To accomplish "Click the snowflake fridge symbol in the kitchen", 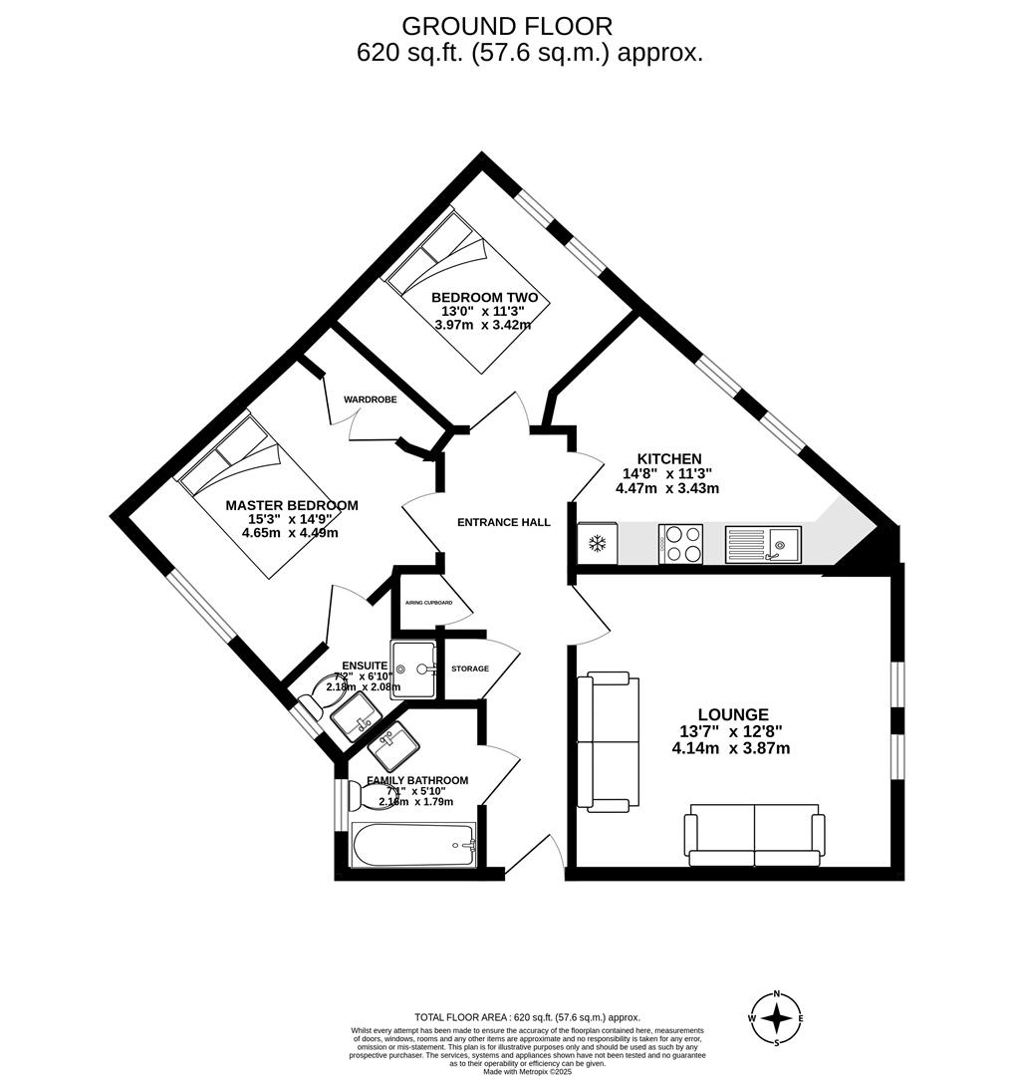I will pyautogui.click(x=598, y=544).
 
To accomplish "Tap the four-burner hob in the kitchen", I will pyautogui.click(x=680, y=544).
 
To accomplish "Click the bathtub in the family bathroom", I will pyautogui.click(x=413, y=845).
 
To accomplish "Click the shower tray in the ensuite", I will pyautogui.click(x=413, y=670).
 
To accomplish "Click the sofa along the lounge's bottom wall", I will pyautogui.click(x=754, y=834).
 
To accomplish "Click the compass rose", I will pyautogui.click(x=777, y=1018).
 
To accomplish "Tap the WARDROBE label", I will pyautogui.click(x=371, y=400).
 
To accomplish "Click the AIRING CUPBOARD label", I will pyautogui.click(x=428, y=603).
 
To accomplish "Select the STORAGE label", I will pyautogui.click(x=470, y=669).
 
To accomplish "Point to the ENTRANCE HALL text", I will pyautogui.click(x=503, y=522).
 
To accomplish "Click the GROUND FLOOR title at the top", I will pyautogui.click(x=507, y=26).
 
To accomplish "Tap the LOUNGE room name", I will pyautogui.click(x=732, y=714).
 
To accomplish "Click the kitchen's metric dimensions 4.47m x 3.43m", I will pyautogui.click(x=666, y=488).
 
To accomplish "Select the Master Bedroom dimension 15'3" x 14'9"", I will pyautogui.click(x=290, y=519).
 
